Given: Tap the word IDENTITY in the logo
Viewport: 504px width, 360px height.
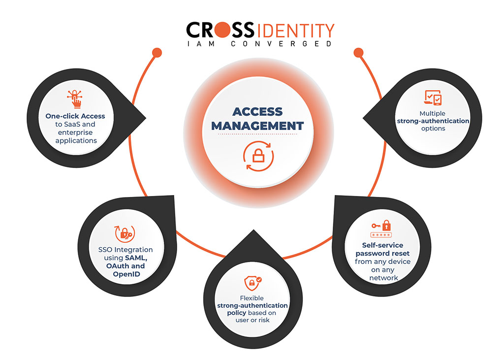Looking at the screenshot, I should click(x=295, y=31).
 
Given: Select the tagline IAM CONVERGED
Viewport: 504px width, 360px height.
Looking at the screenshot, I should click(x=259, y=44).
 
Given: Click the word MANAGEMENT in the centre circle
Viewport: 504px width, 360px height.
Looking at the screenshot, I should click(x=257, y=125).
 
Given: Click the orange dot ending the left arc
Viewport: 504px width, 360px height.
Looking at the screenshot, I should click(x=157, y=52).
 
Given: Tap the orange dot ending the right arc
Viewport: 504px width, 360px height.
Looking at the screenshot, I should click(x=358, y=52).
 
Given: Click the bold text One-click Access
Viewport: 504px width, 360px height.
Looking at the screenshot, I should click(x=75, y=116).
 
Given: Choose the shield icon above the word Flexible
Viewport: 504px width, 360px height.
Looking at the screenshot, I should click(x=252, y=283).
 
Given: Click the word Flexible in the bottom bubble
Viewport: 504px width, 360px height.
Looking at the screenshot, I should click(x=252, y=298).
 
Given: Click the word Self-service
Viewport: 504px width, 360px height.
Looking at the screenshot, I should click(x=382, y=245).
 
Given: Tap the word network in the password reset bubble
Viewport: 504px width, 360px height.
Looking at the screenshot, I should click(x=382, y=278).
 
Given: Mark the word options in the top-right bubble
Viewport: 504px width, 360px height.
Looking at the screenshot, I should click(x=433, y=129).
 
